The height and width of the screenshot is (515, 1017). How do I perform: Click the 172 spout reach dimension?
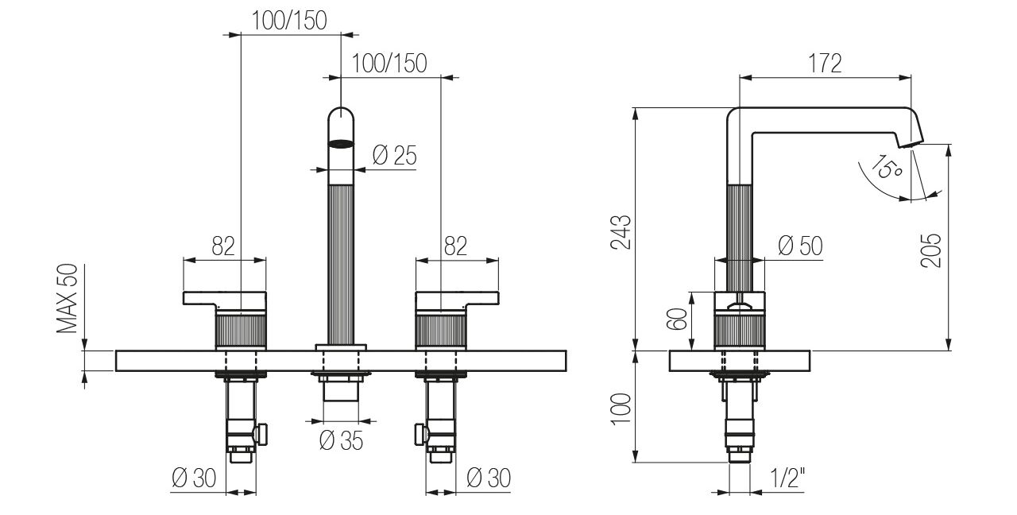click(825, 64)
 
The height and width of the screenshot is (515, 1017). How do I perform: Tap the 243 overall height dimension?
click(621, 232)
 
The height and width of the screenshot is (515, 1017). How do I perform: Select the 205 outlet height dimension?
click(931, 250)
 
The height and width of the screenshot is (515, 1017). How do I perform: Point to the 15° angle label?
click(886, 168)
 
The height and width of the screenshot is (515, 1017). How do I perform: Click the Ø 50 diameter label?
click(800, 246)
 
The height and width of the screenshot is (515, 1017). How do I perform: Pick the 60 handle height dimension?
click(676, 319)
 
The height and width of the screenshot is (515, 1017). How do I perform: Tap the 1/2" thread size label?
click(787, 478)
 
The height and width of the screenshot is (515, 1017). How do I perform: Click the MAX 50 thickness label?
click(68, 299)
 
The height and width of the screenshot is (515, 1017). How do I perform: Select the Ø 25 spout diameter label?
click(394, 156)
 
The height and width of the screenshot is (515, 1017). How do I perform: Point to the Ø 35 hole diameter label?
click(341, 440)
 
